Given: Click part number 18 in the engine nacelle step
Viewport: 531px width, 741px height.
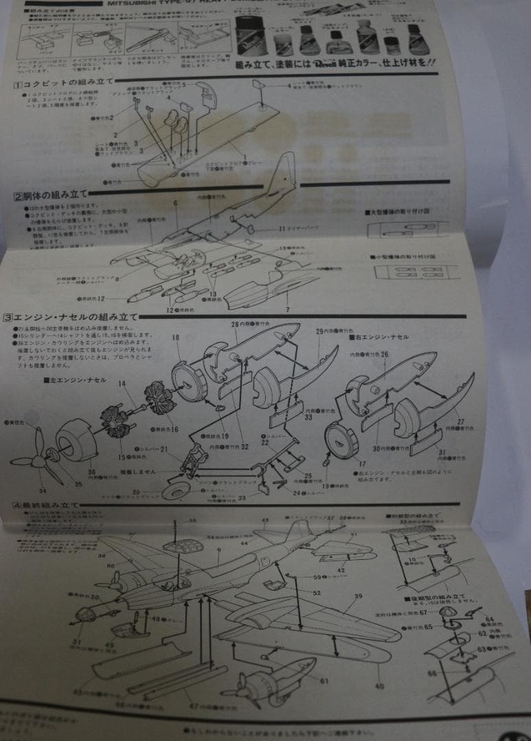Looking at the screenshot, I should pos(176,338).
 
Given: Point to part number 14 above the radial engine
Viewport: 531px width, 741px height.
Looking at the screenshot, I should pos(122,386).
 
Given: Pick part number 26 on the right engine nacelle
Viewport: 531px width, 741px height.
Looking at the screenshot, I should pos(384,355).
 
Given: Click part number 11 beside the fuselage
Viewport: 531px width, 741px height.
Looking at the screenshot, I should pos(282,228).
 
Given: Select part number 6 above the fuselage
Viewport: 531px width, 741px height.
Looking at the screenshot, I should pos(176,203).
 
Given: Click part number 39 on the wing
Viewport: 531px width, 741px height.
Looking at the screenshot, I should pos(358,596).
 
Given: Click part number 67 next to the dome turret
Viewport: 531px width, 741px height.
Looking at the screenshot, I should pos(424,612).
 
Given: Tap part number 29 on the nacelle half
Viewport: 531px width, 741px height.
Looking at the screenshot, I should pos(319,331).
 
